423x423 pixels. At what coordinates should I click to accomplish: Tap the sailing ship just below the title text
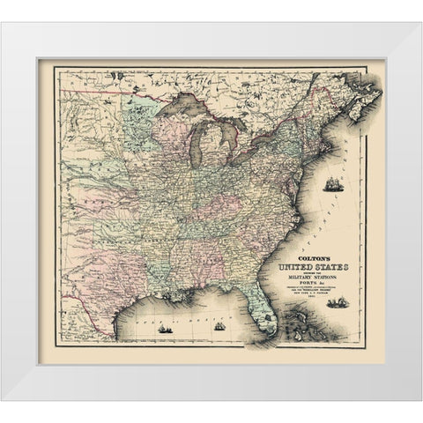click(335, 303)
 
